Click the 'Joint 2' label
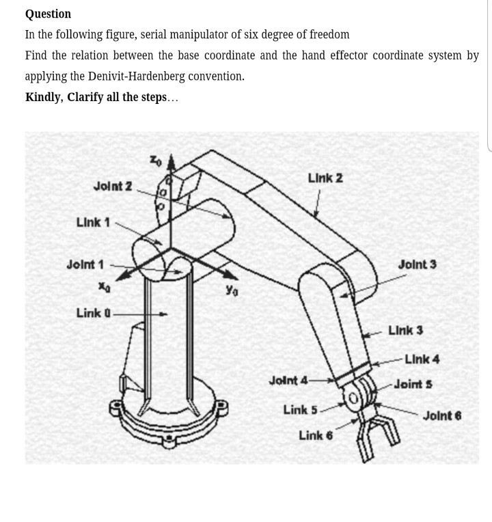coord(113,185)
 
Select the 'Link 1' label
coord(93,222)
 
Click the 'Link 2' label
coord(325,178)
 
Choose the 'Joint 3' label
coord(417,264)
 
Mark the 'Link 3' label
coord(405,331)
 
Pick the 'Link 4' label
coord(422,359)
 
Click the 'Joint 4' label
coord(288,379)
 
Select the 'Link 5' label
coord(300,409)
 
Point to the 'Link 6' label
coord(315,435)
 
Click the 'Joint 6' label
coord(442,415)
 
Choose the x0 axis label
coord(104,289)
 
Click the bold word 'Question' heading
coord(48,14)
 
